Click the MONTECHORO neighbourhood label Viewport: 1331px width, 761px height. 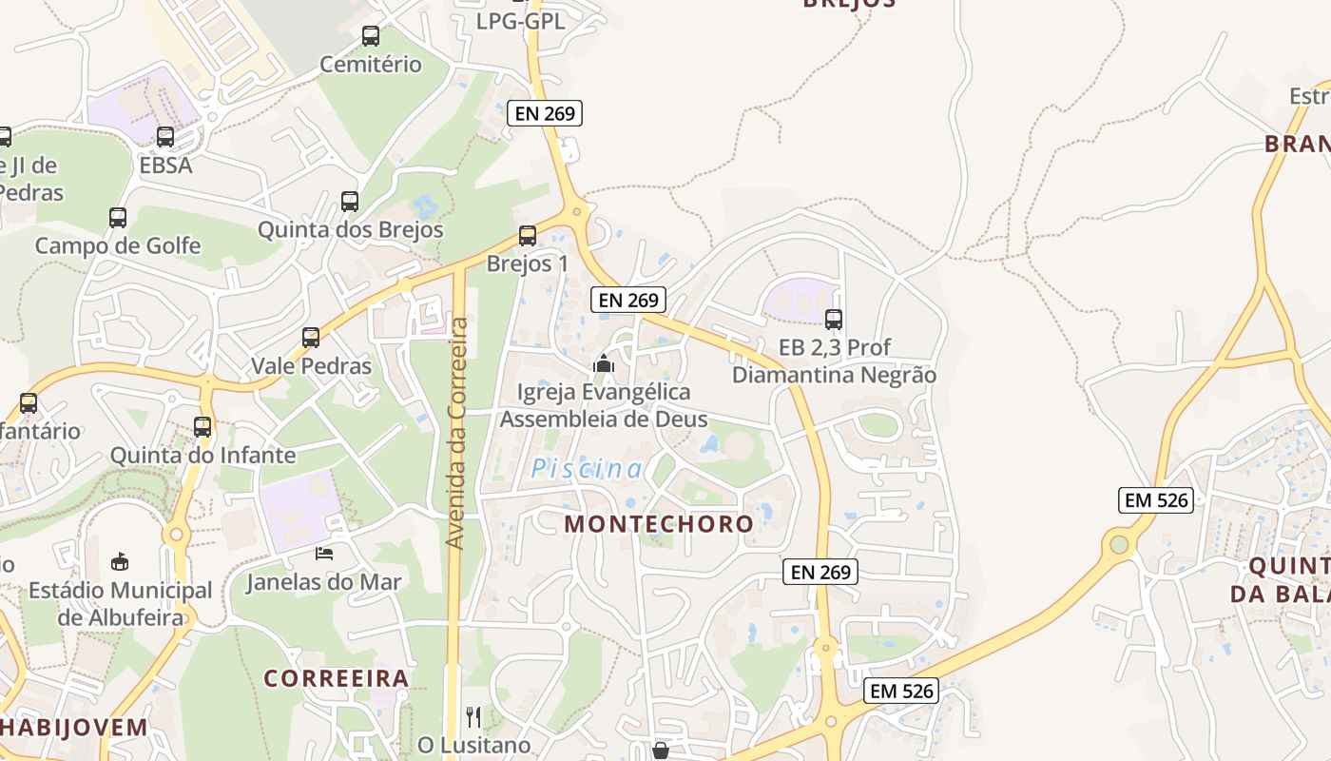pyautogui.click(x=659, y=524)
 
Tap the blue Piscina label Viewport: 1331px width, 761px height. pyautogui.click(x=587, y=468)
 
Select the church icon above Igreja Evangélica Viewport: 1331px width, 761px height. pyautogui.click(x=603, y=363)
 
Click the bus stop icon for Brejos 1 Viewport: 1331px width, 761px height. pyautogui.click(x=528, y=236)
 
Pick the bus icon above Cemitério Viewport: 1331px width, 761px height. pyautogui.click(x=371, y=37)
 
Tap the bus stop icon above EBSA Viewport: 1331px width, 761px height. pyautogui.click(x=165, y=137)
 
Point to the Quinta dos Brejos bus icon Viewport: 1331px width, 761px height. pyautogui.click(x=350, y=202)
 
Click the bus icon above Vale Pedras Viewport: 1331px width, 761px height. pyautogui.click(x=311, y=338)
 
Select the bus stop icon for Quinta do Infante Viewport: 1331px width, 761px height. pyautogui.click(x=203, y=427)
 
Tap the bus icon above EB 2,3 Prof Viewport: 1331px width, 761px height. pyautogui.click(x=834, y=320)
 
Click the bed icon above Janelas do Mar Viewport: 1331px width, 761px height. pyautogui.click(x=324, y=554)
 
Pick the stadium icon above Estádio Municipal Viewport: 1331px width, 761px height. pyautogui.click(x=120, y=561)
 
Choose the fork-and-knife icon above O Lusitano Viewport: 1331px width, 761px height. pyautogui.click(x=473, y=716)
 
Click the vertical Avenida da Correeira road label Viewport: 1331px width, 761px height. pyautogui.click(x=457, y=433)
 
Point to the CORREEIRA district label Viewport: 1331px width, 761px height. pyautogui.click(x=337, y=678)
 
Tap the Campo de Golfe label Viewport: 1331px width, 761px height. pyautogui.click(x=118, y=245)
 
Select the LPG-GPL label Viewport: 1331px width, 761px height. pyautogui.click(x=520, y=21)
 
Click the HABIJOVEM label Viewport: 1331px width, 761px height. pyautogui.click(x=74, y=728)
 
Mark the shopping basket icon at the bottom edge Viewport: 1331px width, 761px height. pyautogui.click(x=661, y=751)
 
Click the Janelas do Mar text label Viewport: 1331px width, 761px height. pyautogui.click(x=324, y=582)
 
